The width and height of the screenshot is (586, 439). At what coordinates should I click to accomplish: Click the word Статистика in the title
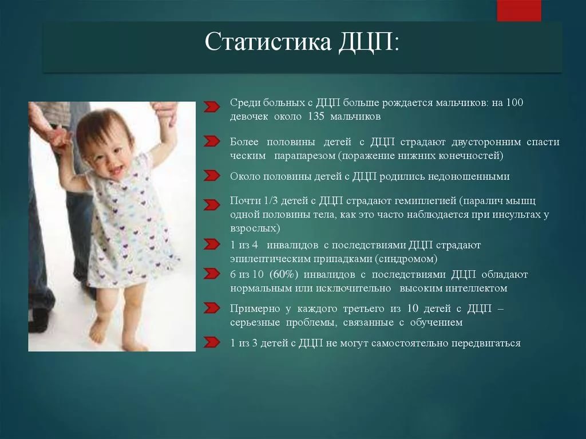pyautogui.click(x=268, y=41)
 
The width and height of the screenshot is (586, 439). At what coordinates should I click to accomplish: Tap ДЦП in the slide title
pyautogui.click(x=366, y=42)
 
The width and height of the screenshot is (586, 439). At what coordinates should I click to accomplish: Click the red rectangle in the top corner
pyautogui.click(x=518, y=10)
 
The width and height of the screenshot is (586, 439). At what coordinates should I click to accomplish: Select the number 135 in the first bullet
pyautogui.click(x=316, y=116)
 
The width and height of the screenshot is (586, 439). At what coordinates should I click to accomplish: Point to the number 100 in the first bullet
pyautogui.click(x=514, y=102)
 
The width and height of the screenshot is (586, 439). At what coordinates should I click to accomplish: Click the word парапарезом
pyautogui.click(x=304, y=156)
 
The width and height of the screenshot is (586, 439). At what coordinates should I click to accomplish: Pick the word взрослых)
pyautogui.click(x=255, y=228)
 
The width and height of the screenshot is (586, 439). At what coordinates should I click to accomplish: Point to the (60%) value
pyautogui.click(x=284, y=275)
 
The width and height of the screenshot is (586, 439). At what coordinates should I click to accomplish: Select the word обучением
pyautogui.click(x=436, y=322)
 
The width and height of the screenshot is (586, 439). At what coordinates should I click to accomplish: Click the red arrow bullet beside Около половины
pyautogui.click(x=212, y=175)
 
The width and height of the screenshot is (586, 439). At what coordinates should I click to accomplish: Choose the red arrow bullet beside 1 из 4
pyautogui.click(x=212, y=244)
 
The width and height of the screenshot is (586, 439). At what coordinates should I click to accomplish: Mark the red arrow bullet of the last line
pyautogui.click(x=212, y=342)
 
